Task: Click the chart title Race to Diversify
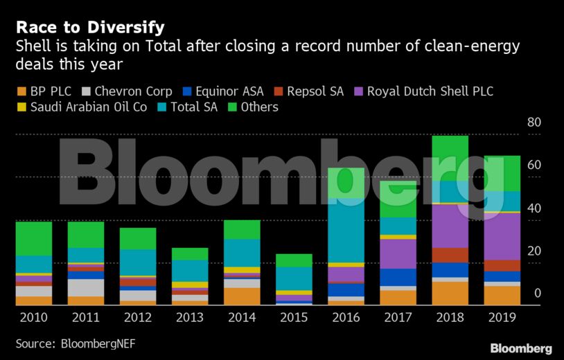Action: click(90, 28)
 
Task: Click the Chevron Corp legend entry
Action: click(126, 91)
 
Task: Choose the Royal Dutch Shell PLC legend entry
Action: click(423, 91)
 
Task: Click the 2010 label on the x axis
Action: click(34, 318)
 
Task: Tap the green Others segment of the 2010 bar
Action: click(34, 238)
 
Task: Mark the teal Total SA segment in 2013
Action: click(189, 270)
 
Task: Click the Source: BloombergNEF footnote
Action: click(67, 343)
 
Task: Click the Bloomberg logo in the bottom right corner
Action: click(520, 348)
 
